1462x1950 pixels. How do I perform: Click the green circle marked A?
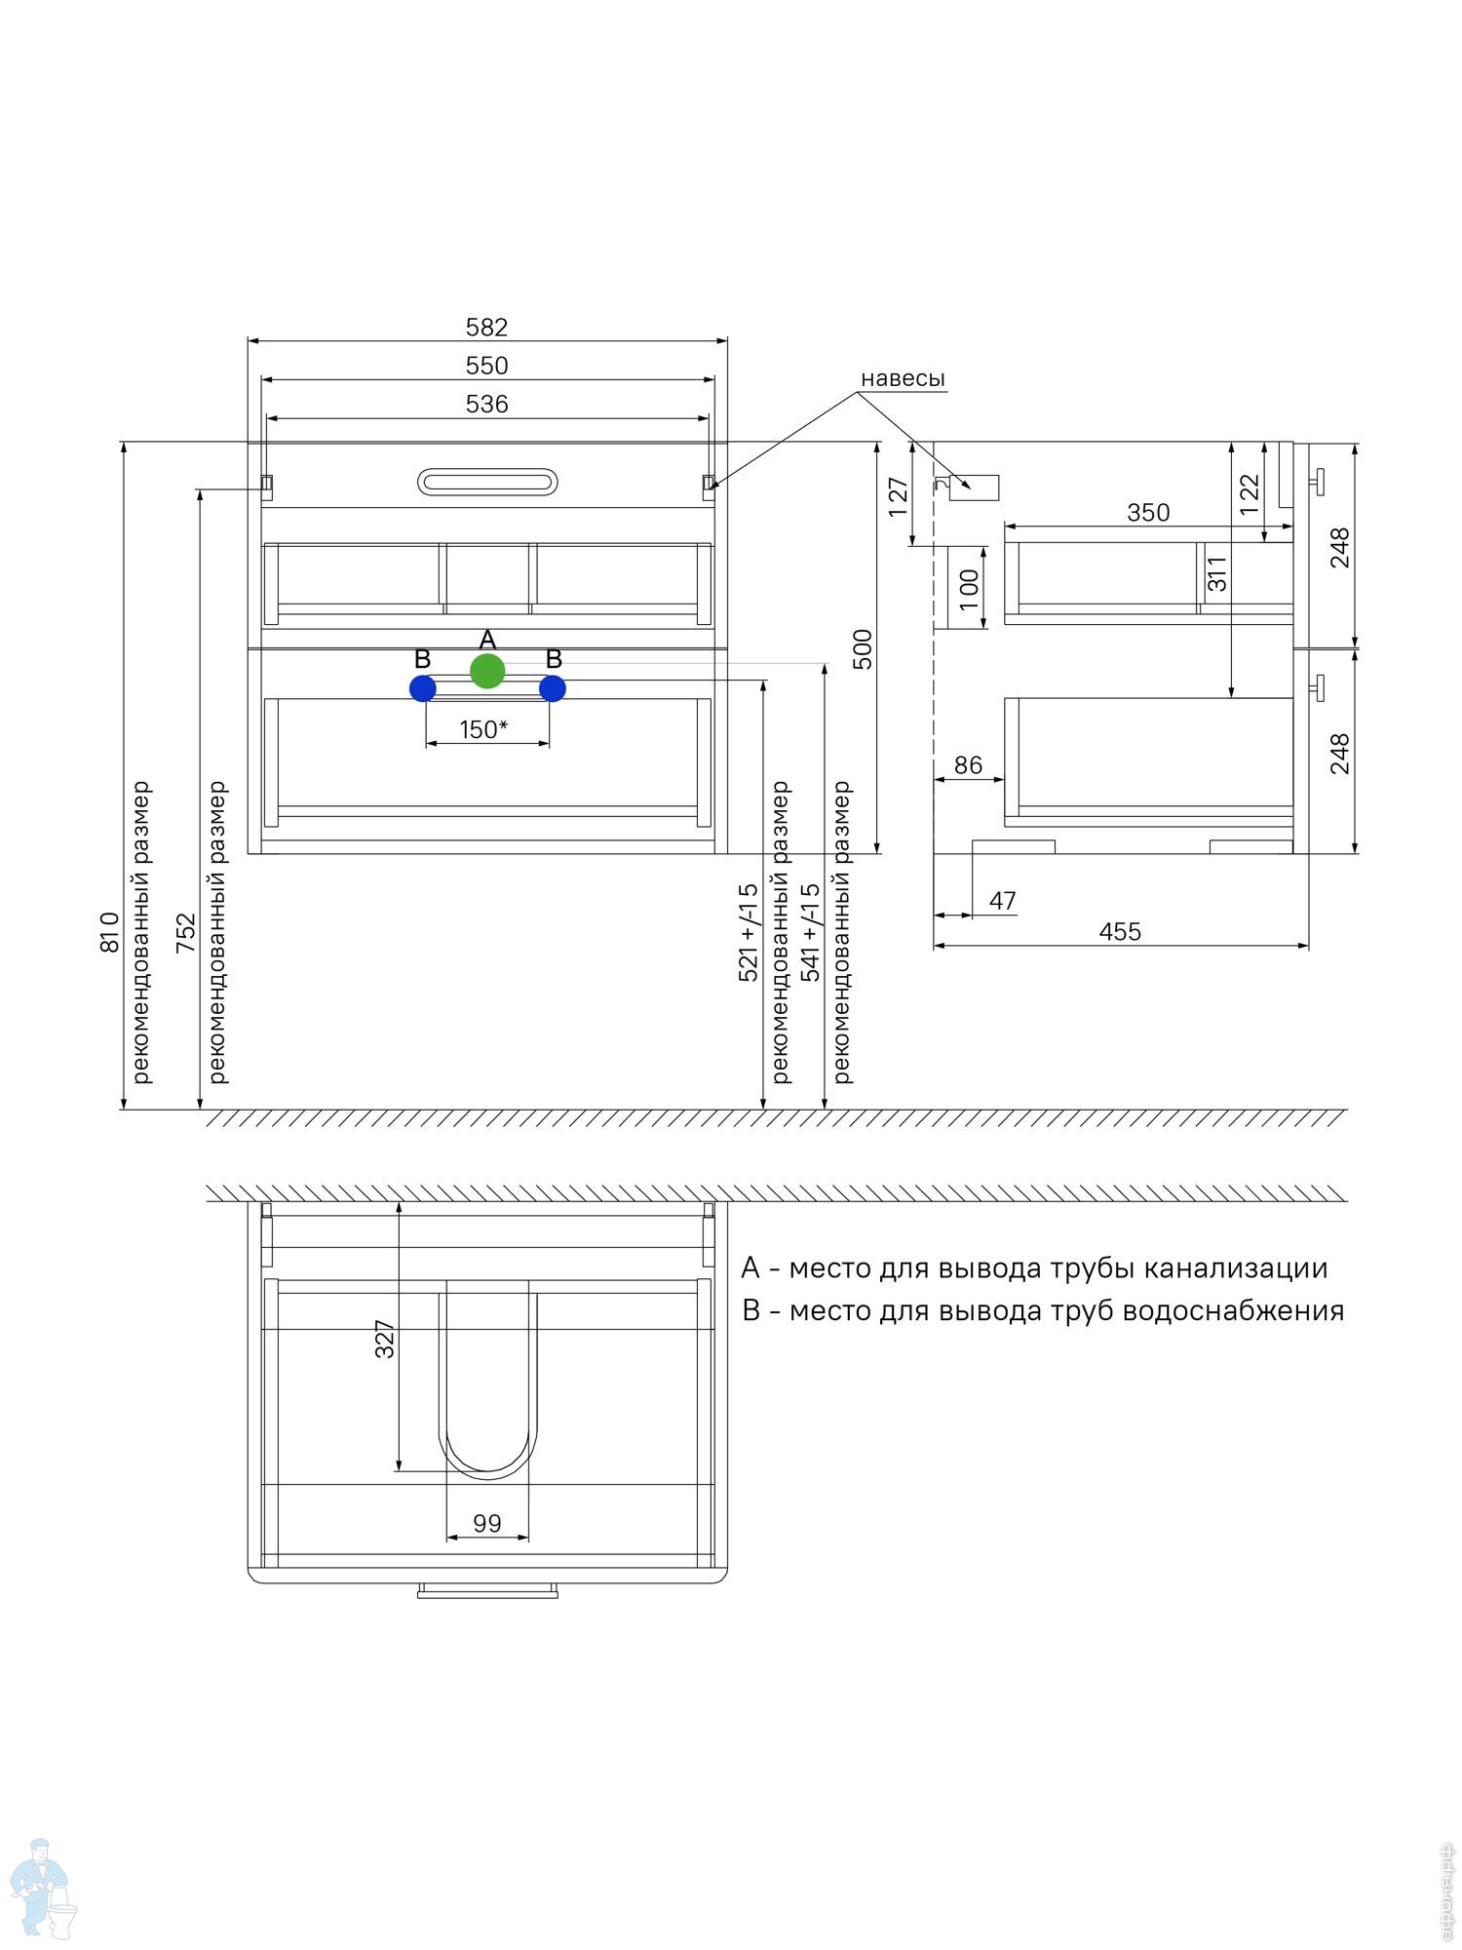[487, 671]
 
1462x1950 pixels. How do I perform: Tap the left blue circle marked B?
[423, 688]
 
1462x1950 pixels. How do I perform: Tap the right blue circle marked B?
[553, 688]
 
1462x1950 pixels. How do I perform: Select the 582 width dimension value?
[486, 327]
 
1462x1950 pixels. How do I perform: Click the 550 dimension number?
[486, 366]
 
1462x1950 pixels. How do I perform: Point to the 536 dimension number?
[486, 404]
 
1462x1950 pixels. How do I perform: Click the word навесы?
[903, 378]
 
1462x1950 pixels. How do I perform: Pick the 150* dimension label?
[483, 729]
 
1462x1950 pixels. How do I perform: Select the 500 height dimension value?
[863, 649]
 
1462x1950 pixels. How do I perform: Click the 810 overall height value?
[109, 932]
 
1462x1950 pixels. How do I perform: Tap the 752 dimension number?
[185, 933]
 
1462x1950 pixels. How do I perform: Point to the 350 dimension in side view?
[1148, 513]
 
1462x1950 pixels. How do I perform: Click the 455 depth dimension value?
[1120, 932]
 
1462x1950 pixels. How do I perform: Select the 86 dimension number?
[968, 765]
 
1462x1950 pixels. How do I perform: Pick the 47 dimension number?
[1003, 901]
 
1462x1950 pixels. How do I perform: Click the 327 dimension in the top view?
[385, 1339]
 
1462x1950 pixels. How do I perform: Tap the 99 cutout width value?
[487, 1523]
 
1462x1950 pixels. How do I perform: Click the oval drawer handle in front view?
[487, 481]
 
